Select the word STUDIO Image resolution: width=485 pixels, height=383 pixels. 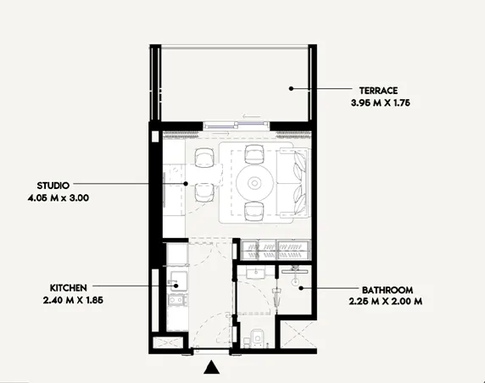coord(53,184)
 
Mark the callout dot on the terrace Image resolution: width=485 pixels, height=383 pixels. coord(291,87)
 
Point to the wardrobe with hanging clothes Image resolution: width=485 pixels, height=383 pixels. coord(277,250)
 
